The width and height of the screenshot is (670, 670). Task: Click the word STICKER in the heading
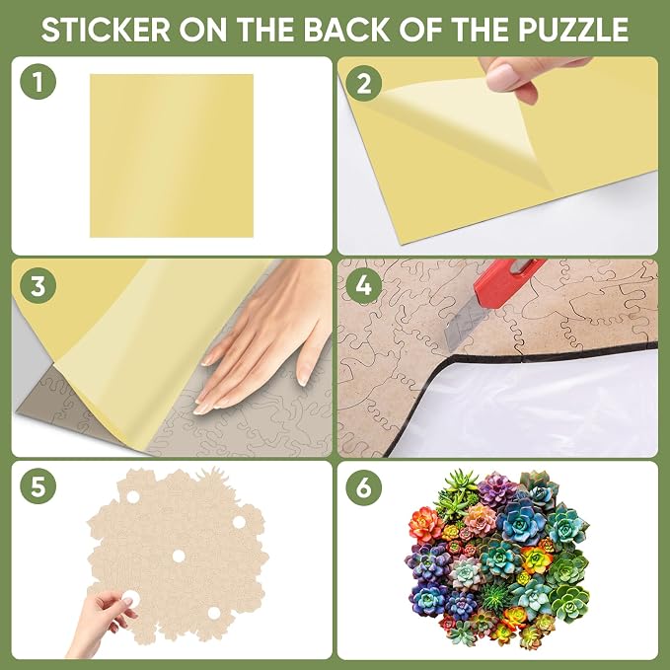[x=106, y=29]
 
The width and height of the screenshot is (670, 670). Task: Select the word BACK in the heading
[x=346, y=29]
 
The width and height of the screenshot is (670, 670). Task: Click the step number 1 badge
[x=38, y=82]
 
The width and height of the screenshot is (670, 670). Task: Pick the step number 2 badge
[x=363, y=83]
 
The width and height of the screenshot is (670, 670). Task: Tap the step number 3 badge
[x=38, y=285]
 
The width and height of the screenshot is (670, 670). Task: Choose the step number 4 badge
[x=363, y=285]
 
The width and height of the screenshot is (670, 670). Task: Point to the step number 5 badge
[x=38, y=485]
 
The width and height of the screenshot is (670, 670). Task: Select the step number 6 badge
[x=363, y=486]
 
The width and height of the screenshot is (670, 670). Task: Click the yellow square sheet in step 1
[x=172, y=156]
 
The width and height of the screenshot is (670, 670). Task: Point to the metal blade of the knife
[x=463, y=326]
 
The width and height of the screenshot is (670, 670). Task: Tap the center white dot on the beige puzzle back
[x=179, y=556]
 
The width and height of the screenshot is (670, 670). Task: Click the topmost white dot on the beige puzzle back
[x=132, y=497]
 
